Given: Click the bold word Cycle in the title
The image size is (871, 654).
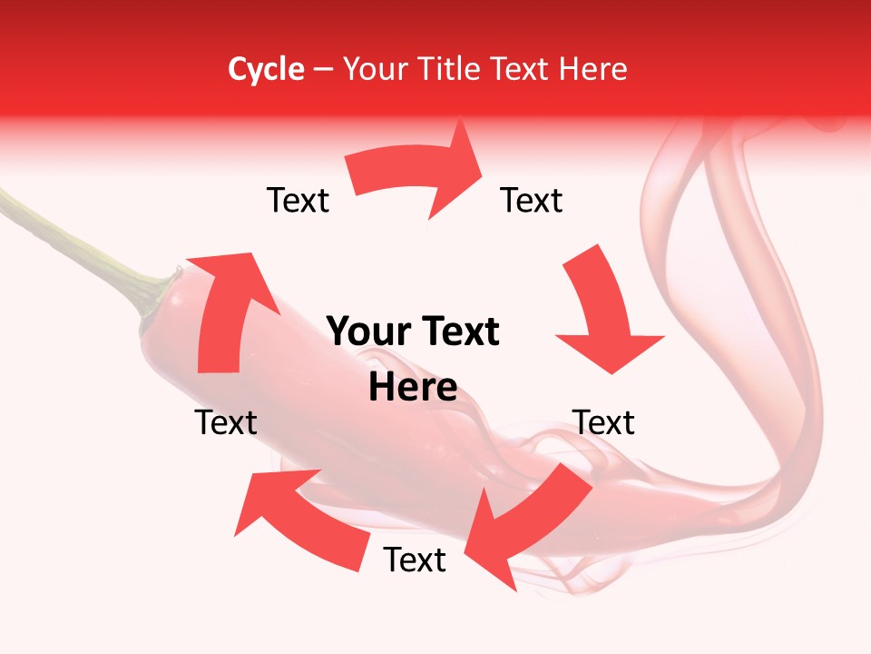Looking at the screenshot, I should coord(266,69).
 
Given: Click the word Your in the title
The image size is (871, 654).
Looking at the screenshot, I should coord(376,69).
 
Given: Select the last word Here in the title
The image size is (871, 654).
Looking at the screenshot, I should coord(594,69).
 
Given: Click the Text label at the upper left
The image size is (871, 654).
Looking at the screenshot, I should coord(298,201).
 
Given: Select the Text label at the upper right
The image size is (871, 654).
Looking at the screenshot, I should coord(532,201).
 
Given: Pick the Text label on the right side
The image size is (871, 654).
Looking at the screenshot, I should coord(603,422).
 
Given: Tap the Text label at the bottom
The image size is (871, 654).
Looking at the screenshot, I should coord(415,560).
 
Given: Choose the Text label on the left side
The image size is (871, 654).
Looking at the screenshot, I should coord(226,422).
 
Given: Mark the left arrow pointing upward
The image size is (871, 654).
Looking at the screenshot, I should coord(222,309).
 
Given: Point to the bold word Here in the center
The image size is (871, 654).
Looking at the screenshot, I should coord(413,388).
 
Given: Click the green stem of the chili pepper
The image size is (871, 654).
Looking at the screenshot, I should coord(73,236).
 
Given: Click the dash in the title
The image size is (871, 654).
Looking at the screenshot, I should coord(323,69).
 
